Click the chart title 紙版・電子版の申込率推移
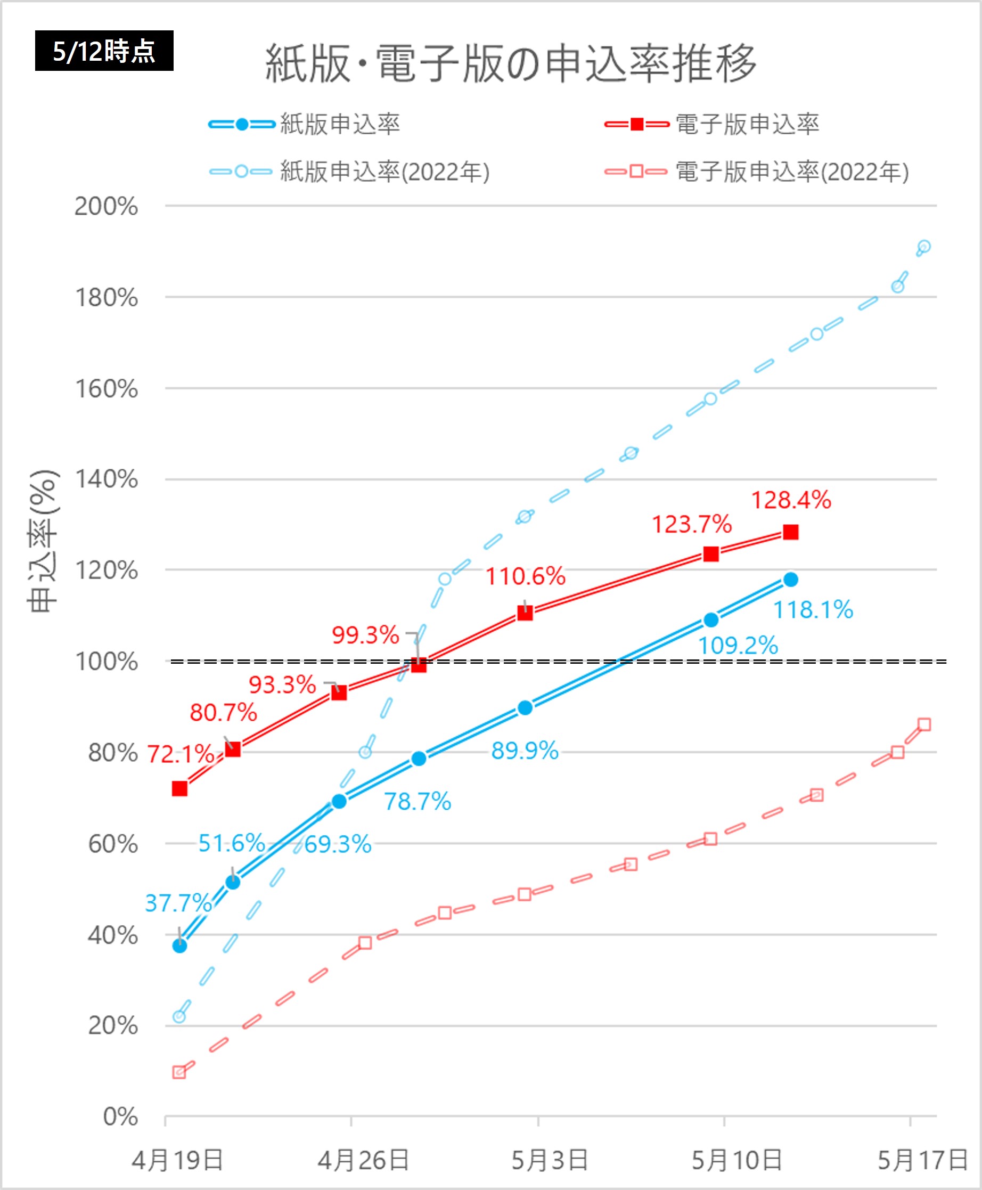[510, 63]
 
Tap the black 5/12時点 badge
[104, 51]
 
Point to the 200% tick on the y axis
[107, 207]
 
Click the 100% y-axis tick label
[107, 662]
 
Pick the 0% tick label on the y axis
[120, 1116]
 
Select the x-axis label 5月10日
[736, 1161]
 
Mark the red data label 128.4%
[791, 500]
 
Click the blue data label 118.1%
[813, 610]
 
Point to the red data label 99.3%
[365, 635]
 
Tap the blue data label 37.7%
[178, 902]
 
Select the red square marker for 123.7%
[711, 554]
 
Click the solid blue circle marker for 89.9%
[525, 708]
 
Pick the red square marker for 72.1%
[179, 789]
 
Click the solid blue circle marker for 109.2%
[711, 620]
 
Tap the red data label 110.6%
[526, 576]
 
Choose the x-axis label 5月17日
[922, 1161]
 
